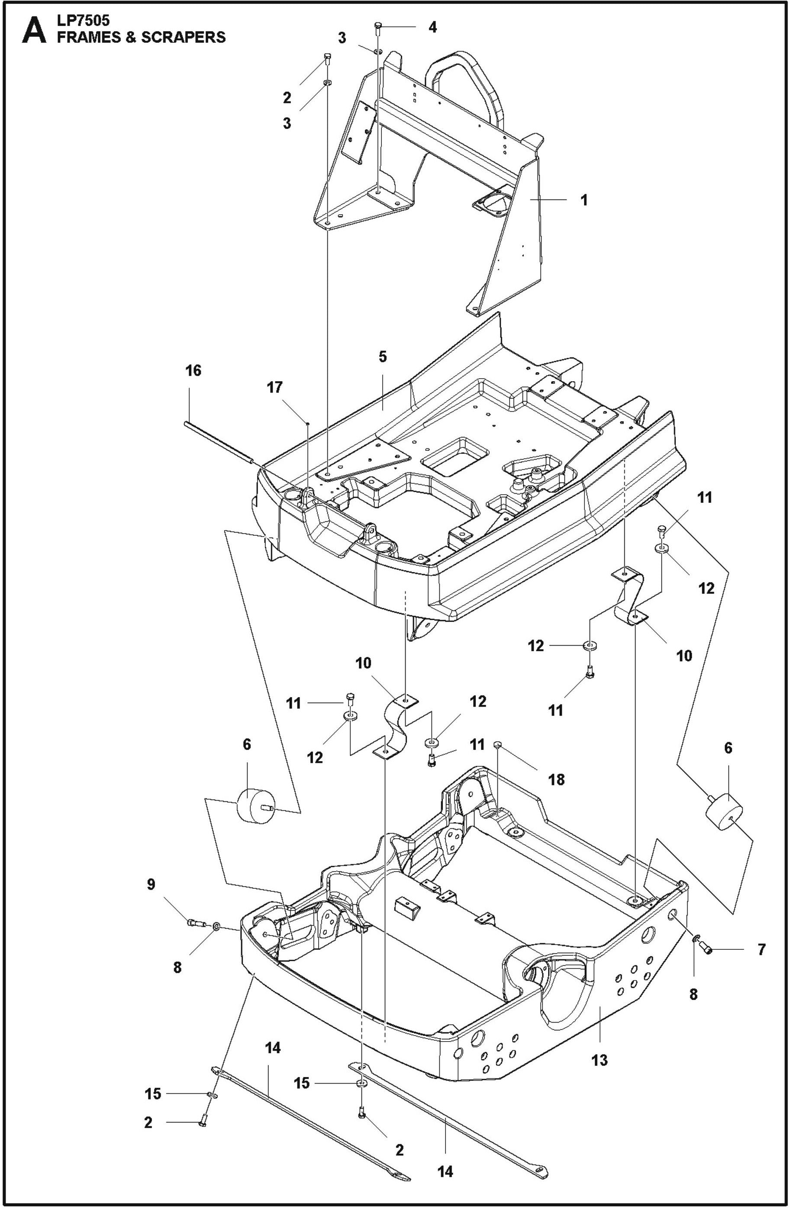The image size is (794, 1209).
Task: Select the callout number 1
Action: tap(584, 200)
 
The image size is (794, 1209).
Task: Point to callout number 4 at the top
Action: tap(433, 27)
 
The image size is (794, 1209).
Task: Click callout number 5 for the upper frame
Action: tap(382, 357)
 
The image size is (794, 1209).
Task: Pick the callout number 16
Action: tap(193, 370)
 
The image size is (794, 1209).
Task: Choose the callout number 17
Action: tap(275, 388)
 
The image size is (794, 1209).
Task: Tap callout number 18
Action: tap(557, 779)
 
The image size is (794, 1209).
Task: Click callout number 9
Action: tap(151, 884)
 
